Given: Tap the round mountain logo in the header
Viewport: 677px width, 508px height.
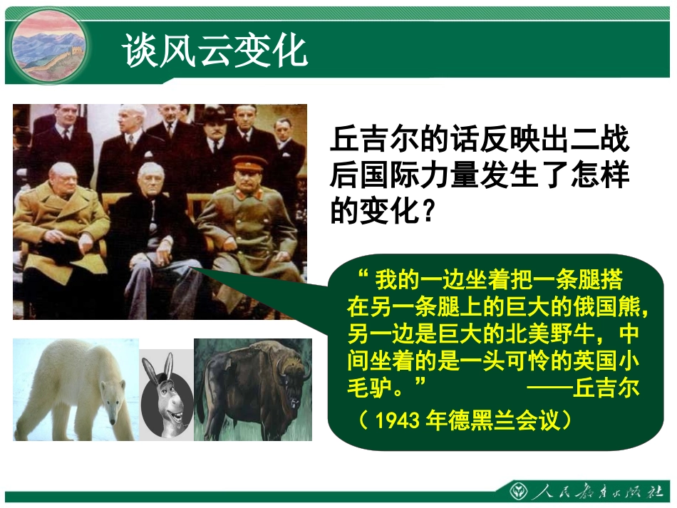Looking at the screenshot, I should [48, 46].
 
